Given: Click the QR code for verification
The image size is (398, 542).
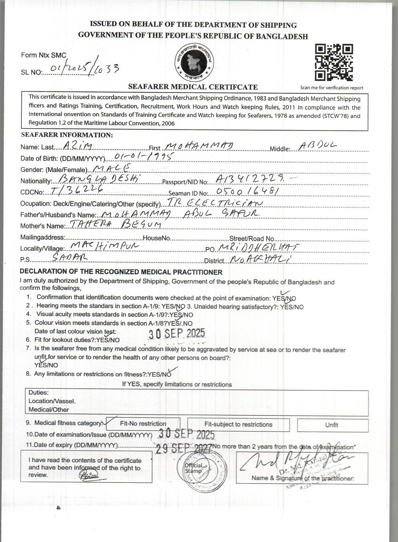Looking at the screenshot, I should (334, 63).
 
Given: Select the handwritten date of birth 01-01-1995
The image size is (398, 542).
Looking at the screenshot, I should (143, 156).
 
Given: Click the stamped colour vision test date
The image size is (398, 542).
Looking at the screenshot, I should (177, 333).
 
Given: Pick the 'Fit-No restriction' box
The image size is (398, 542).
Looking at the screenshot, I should (143, 424).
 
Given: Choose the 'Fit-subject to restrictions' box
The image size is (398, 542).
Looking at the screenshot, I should (238, 424).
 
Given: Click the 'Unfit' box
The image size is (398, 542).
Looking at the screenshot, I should (332, 425).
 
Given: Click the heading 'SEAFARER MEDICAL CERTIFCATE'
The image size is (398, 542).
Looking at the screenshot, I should (193, 87).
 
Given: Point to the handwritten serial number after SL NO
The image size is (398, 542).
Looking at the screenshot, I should (81, 69).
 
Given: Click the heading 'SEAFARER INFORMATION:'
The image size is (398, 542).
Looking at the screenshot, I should (67, 135).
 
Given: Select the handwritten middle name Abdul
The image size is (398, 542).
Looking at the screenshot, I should (318, 145).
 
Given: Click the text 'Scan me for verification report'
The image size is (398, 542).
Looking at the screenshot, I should (332, 88).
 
